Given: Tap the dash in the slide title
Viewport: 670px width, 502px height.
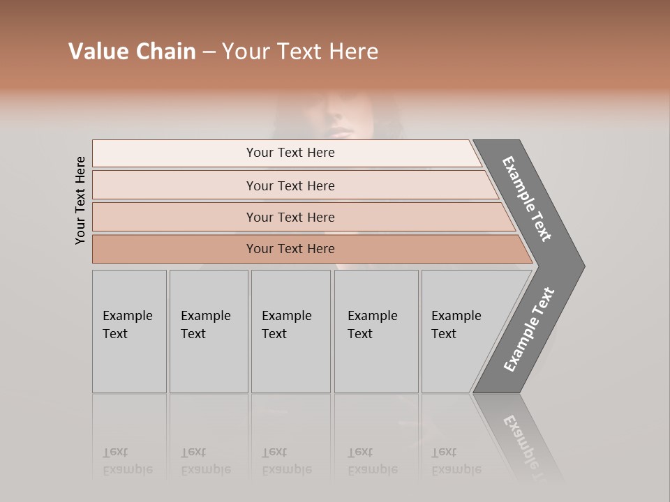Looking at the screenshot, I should coord(209,52).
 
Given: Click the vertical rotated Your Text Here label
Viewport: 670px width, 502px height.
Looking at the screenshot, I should coord(80,200).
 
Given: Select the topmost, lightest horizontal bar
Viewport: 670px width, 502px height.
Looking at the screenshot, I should coord(286,153).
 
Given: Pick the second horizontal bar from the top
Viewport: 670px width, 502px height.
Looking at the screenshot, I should coord(293,185).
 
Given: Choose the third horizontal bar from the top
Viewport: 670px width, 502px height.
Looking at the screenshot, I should coord(300,217).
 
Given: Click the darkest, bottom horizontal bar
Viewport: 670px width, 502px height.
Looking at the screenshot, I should coord(307,249).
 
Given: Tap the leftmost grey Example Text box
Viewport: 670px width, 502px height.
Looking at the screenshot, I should coord(129,331).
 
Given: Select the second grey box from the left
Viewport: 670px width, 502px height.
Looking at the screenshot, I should coord(209,331).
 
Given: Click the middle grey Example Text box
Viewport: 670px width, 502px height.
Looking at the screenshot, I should coord(290,331).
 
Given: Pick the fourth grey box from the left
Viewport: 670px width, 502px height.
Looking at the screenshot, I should coord(376,331).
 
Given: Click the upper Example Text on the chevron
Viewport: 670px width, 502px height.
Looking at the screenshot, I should coord(528,199).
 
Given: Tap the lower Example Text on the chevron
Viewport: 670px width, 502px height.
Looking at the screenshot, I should coord(529,330).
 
